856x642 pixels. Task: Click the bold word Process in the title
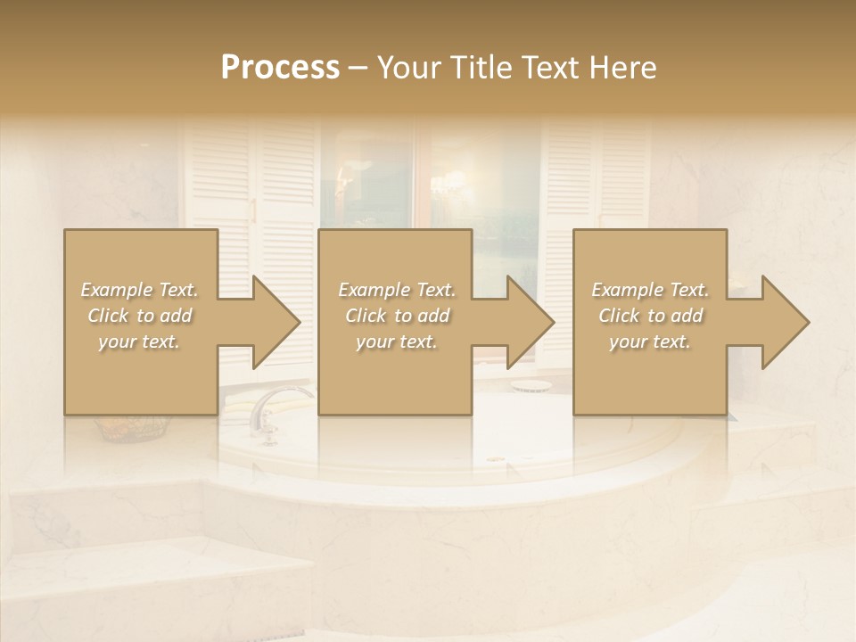pyautogui.click(x=280, y=68)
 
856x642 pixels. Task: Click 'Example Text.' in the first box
pyautogui.click(x=140, y=290)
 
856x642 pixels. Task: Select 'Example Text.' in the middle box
pyautogui.click(x=397, y=290)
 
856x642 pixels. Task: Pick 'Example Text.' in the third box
pyautogui.click(x=650, y=290)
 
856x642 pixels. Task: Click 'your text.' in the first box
pyautogui.click(x=140, y=342)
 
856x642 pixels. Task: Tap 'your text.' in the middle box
pyautogui.click(x=397, y=342)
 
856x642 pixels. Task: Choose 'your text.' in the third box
pyautogui.click(x=650, y=342)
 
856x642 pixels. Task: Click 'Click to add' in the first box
pyautogui.click(x=140, y=316)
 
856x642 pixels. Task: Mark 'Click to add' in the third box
pyautogui.click(x=650, y=316)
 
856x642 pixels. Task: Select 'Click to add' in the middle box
pyautogui.click(x=397, y=316)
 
